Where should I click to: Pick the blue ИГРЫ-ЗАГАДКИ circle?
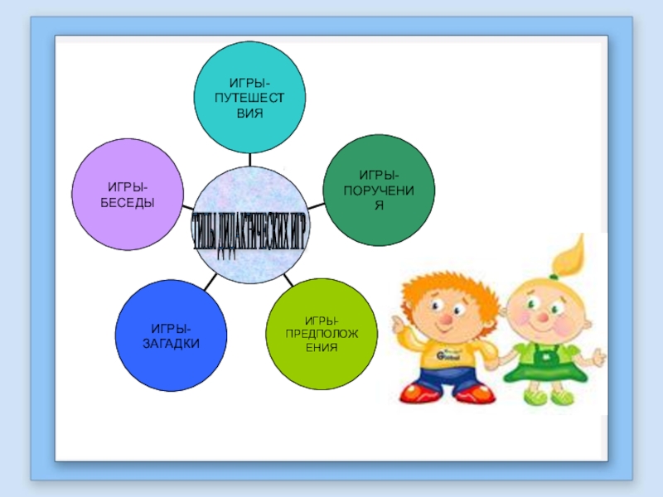[170, 335]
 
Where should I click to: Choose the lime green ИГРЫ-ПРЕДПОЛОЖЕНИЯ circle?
[321, 334]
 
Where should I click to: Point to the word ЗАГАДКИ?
[170, 343]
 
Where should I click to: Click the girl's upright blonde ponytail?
[572, 253]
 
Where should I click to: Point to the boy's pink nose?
[445, 319]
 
